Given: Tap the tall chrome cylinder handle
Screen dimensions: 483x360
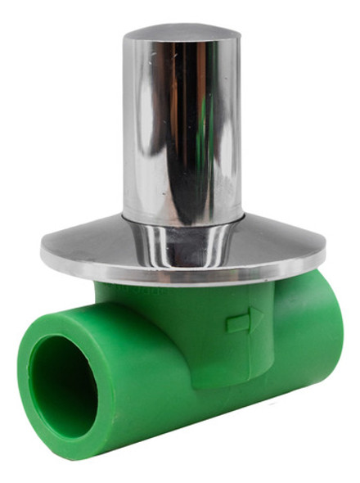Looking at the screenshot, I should pyautogui.click(x=182, y=123).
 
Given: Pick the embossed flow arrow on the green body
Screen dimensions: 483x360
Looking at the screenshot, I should pyautogui.click(x=245, y=320).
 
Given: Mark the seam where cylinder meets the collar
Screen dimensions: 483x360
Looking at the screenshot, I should pyautogui.click(x=182, y=219).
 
